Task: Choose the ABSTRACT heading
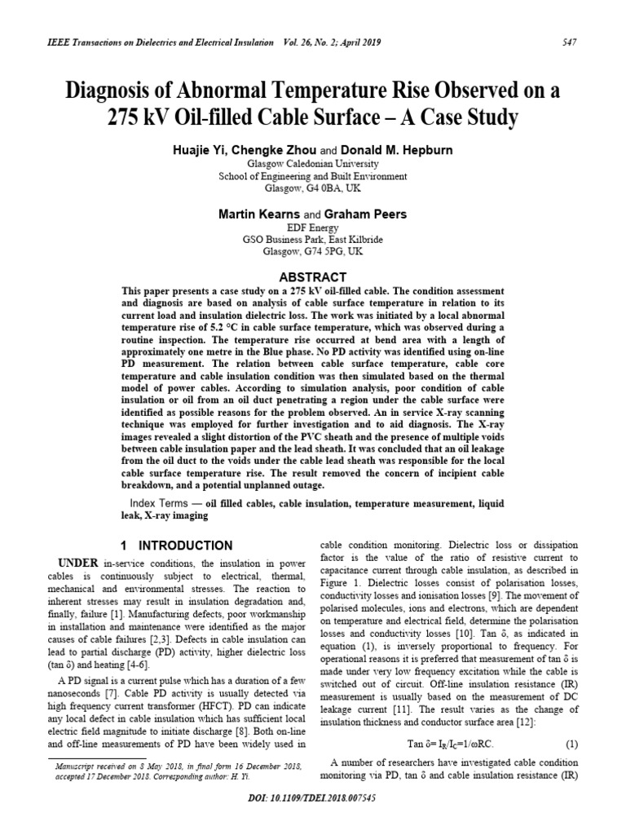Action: coord(313,277)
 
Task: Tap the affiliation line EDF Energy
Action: coord(313,228)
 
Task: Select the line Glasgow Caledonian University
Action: coord(313,164)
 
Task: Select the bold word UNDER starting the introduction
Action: coord(78,563)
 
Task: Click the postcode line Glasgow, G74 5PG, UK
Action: coord(313,252)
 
